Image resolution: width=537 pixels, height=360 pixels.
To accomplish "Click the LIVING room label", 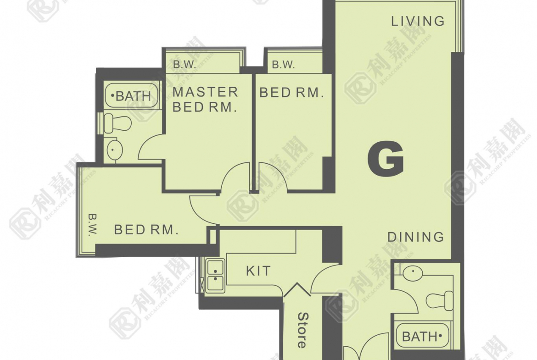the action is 418,21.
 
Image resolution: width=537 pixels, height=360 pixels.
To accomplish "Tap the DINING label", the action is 415,237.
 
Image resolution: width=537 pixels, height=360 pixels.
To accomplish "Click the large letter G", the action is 386,159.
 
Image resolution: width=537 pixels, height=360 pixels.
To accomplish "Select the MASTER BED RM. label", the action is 205,99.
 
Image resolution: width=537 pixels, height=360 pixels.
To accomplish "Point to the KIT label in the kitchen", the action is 258,271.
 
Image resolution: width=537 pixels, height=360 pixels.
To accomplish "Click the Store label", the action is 302,330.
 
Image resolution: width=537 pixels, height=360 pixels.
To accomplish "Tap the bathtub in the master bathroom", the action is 132,95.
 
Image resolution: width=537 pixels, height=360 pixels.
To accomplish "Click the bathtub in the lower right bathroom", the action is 423,336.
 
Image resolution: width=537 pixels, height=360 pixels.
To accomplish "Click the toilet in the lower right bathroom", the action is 439,301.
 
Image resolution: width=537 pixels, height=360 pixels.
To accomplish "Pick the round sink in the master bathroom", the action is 114,150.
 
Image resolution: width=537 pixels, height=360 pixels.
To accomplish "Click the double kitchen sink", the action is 215,276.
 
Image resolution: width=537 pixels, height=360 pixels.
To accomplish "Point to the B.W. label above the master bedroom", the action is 184,64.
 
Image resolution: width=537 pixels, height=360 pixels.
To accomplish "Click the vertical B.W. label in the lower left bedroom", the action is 92,225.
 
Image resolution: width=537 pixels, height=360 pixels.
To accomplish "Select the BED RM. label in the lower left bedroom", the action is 146,230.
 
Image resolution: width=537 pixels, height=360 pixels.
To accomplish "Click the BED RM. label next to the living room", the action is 291,92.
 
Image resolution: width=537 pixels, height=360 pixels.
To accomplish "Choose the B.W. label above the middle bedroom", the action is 283,64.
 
